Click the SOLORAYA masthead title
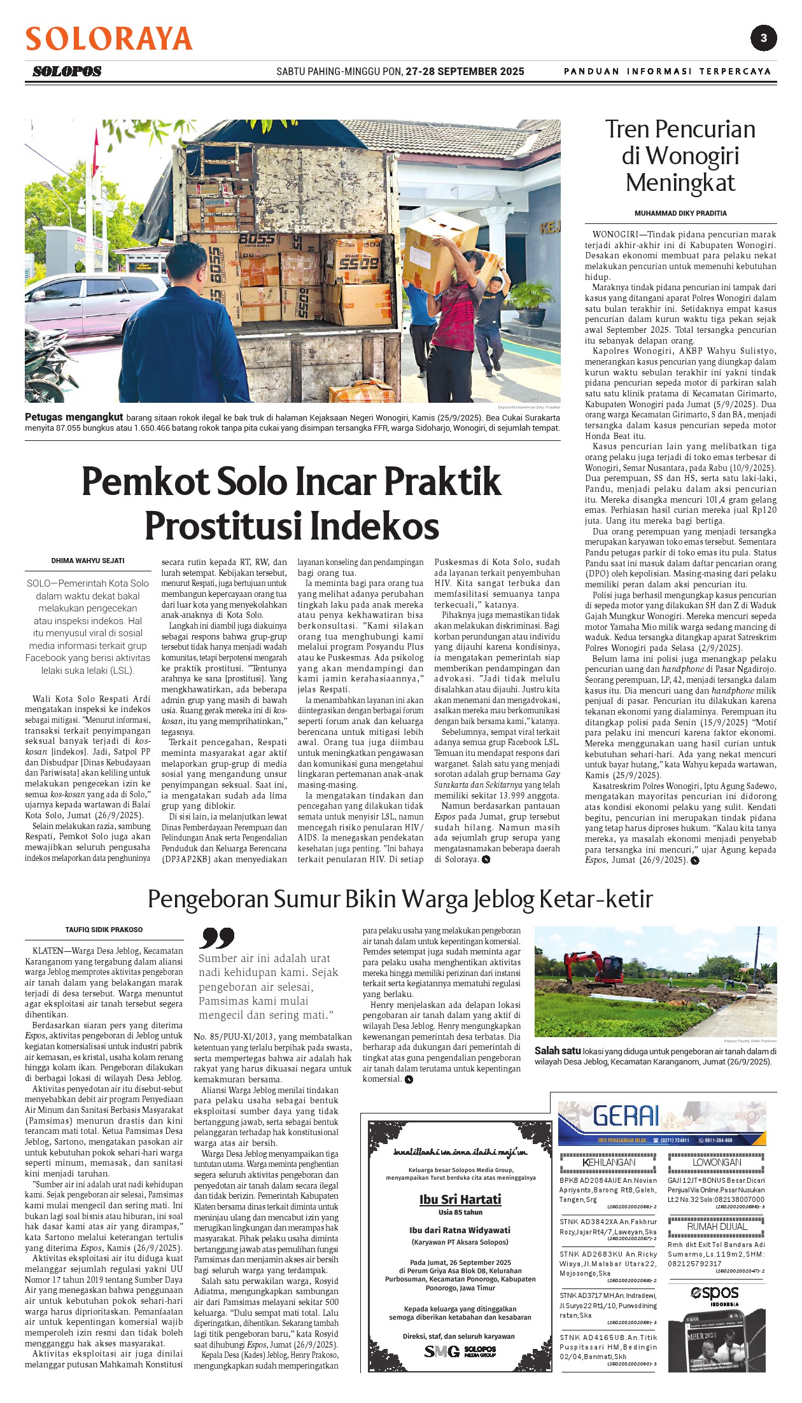click(109, 39)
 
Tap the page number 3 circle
click(763, 38)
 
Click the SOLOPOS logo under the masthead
click(67, 71)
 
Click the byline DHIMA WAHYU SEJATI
click(88, 561)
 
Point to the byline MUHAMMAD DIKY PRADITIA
click(680, 213)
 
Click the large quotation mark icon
click(216, 938)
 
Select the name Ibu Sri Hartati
click(460, 1199)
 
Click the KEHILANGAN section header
click(609, 1162)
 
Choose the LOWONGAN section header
click(717, 1162)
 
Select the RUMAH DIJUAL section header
click(717, 1226)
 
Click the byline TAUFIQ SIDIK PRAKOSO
click(104, 930)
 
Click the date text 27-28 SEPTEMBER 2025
click(465, 71)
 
